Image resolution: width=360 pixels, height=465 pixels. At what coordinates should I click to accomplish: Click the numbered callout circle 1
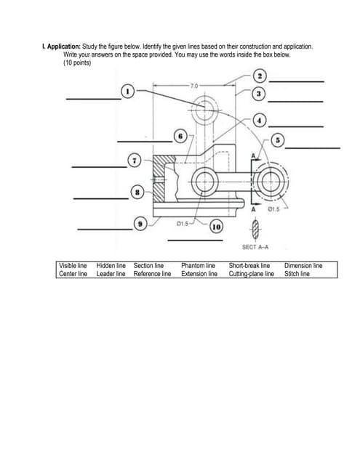click(128, 92)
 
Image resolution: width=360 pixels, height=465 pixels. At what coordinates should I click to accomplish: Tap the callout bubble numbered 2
click(260, 77)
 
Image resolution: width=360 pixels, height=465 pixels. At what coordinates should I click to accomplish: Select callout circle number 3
click(257, 95)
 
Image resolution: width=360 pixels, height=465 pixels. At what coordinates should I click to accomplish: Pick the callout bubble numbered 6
click(180, 135)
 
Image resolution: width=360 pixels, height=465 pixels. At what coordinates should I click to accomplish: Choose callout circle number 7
click(135, 161)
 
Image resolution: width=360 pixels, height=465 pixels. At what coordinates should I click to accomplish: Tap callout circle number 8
click(137, 191)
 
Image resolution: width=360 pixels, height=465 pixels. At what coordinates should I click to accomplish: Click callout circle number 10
click(216, 227)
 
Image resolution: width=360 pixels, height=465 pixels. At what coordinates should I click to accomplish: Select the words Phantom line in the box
click(199, 266)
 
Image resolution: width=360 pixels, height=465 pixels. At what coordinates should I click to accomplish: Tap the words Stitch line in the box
click(297, 274)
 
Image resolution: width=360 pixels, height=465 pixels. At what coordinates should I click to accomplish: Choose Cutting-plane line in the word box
click(251, 274)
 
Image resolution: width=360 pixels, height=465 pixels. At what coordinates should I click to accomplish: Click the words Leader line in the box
click(111, 274)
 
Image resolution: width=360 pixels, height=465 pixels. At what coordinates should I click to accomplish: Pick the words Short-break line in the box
click(249, 266)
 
